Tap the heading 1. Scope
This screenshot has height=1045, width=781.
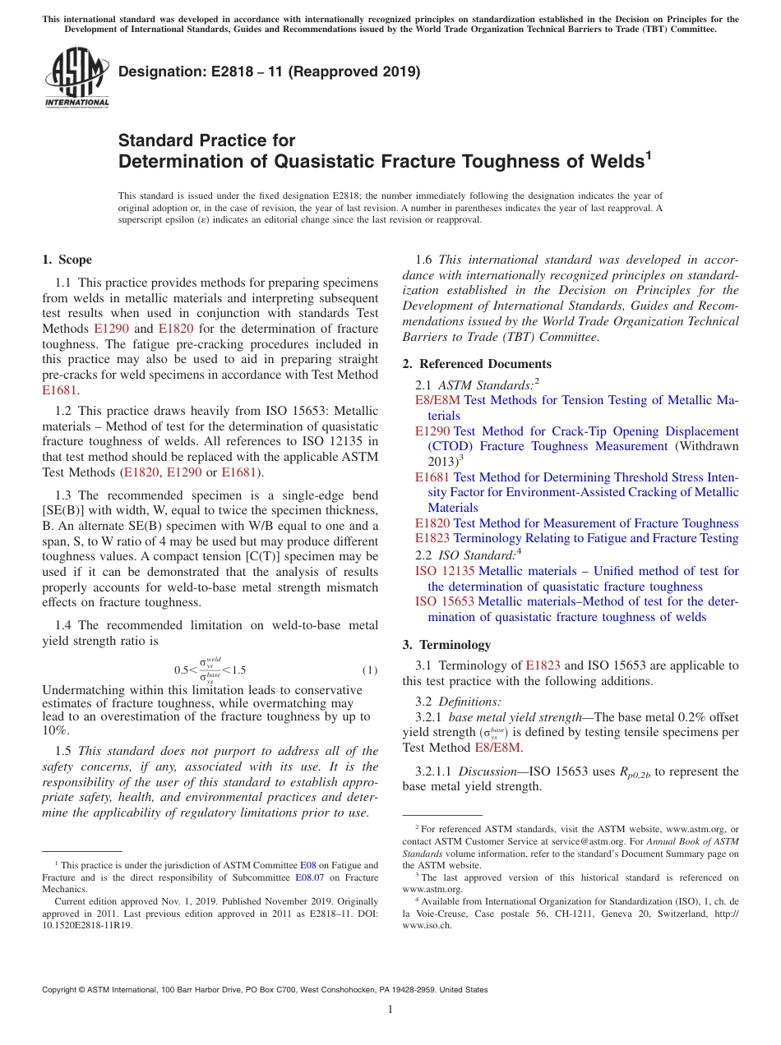point(67,260)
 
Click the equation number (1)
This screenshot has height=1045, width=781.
point(370,670)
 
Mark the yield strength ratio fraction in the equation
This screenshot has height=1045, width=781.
point(210,670)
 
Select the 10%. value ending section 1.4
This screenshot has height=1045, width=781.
point(56,730)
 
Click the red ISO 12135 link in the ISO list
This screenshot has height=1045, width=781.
point(445,571)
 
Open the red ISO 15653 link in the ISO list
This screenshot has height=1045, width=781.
point(445,601)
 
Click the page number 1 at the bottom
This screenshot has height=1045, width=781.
point(390,1010)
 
